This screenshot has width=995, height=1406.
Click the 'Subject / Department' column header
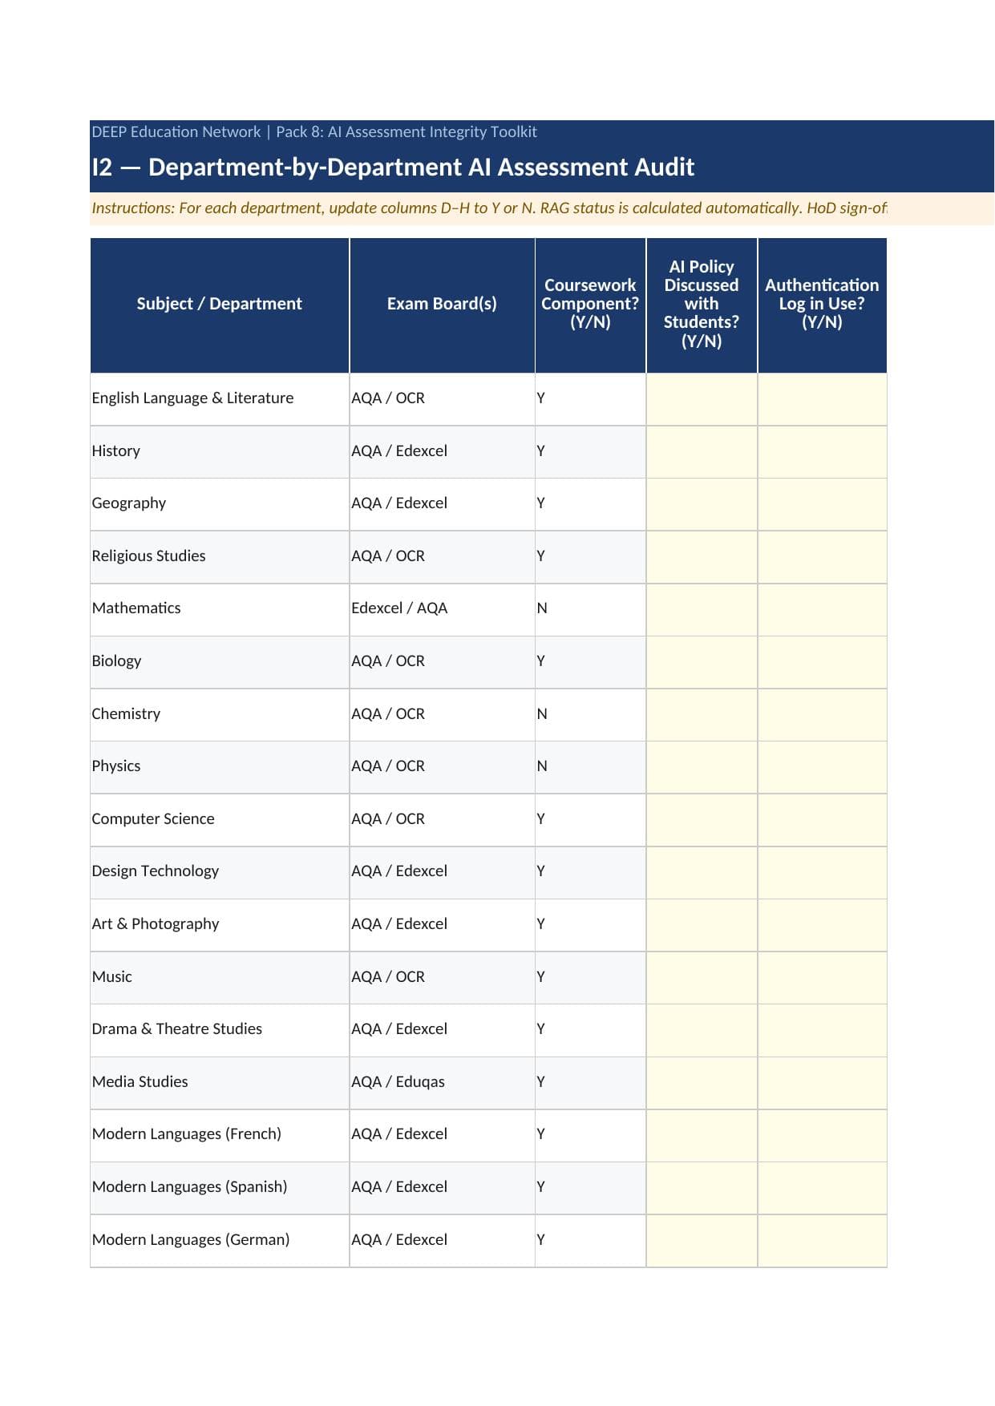click(219, 304)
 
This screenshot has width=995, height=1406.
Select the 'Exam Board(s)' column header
click(442, 304)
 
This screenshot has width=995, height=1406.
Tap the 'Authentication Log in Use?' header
click(822, 304)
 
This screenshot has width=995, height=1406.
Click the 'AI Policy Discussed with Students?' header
click(702, 304)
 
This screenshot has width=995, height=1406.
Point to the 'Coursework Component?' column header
click(590, 304)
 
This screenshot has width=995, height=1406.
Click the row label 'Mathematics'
click(136, 608)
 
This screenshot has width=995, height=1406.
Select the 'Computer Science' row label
click(153, 819)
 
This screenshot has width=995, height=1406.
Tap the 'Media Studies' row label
click(140, 1082)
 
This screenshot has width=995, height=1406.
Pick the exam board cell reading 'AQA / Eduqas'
click(398, 1082)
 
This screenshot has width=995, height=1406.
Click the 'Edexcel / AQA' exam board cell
click(399, 608)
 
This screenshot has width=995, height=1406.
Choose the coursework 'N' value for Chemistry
click(542, 714)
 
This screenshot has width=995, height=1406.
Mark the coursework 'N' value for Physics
click(542, 766)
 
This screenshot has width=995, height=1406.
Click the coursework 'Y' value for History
click(541, 451)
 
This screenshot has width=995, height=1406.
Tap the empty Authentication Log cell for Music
click(822, 977)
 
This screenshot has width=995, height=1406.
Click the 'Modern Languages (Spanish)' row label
click(189, 1187)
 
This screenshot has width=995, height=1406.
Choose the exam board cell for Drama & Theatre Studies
click(399, 1029)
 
